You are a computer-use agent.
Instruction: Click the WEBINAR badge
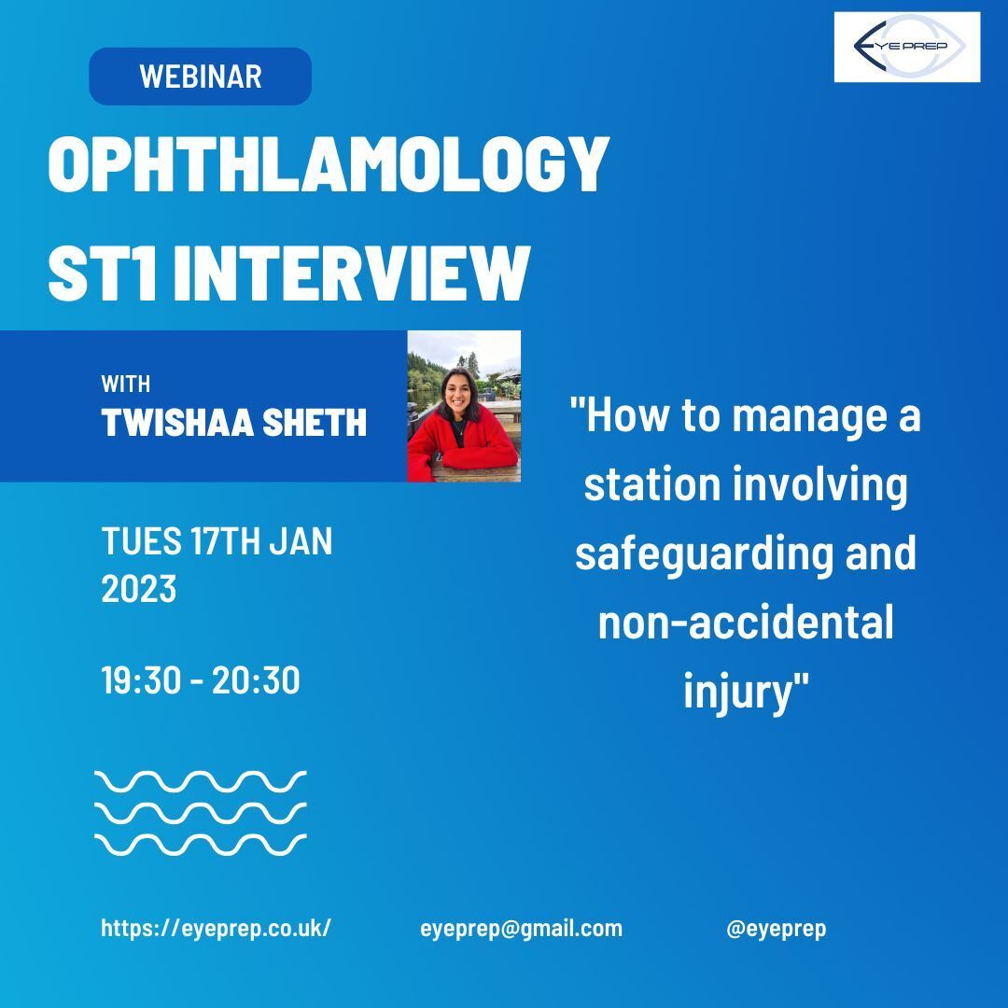tap(200, 76)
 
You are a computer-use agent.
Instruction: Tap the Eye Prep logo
tap(906, 47)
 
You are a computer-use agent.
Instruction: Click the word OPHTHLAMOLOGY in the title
tap(328, 164)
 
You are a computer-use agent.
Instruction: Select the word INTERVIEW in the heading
tap(351, 273)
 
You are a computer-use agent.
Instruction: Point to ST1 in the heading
tap(103, 273)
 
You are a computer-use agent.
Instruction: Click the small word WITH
tap(126, 384)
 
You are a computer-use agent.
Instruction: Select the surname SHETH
tap(315, 423)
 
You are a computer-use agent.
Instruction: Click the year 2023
tap(139, 589)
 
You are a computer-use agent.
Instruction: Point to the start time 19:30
tap(141, 680)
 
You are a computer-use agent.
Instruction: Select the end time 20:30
tap(256, 680)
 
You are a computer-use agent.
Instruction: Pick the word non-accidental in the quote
tap(746, 622)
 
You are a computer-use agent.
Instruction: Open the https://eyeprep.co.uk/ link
tap(216, 929)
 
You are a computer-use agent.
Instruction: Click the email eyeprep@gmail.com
tap(522, 929)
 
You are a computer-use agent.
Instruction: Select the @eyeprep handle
tap(776, 929)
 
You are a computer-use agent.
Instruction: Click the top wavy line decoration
tap(201, 781)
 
